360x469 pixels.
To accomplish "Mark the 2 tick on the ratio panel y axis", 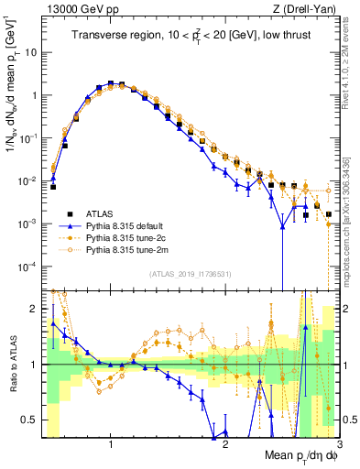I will coord(34,309).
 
